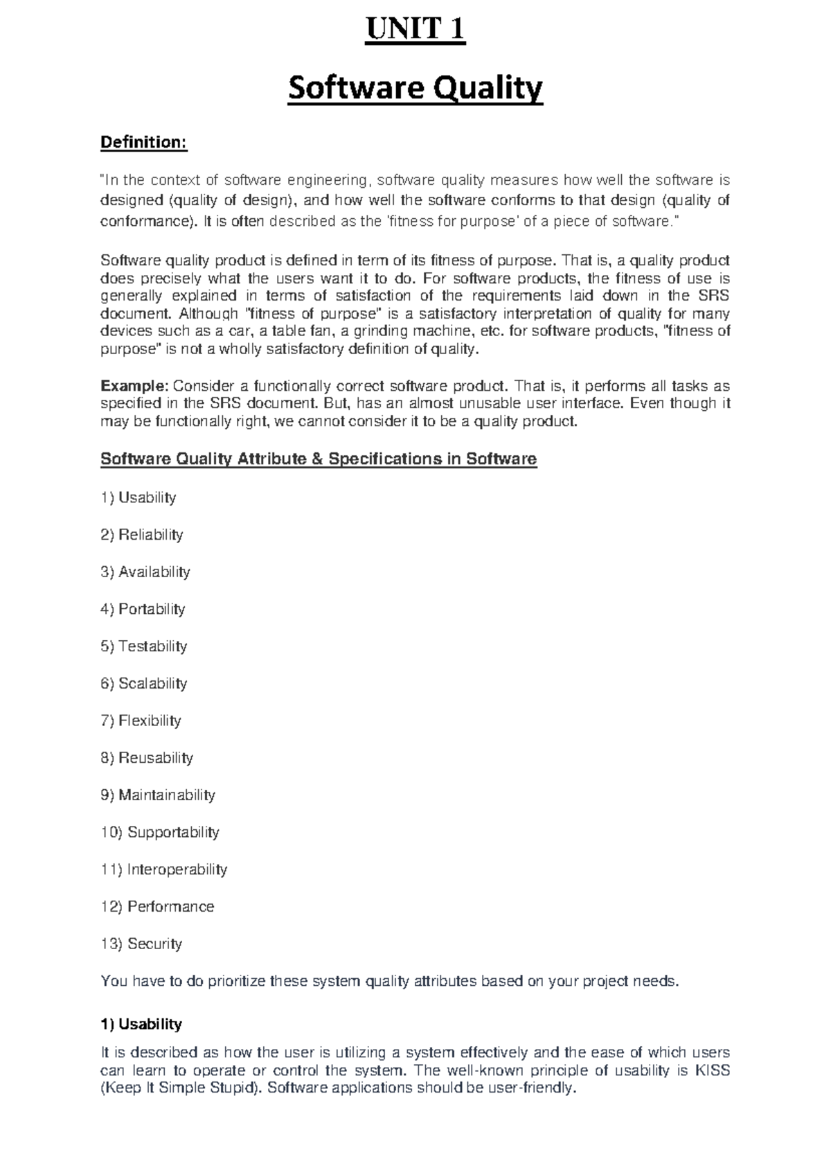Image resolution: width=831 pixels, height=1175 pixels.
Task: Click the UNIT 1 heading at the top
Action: (x=415, y=30)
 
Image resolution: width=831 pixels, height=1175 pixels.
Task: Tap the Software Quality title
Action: (x=415, y=89)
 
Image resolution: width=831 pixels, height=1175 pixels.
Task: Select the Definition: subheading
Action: (x=144, y=143)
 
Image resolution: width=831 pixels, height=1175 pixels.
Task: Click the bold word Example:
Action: (x=134, y=386)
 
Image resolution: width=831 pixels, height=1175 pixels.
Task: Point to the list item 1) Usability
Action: (x=138, y=497)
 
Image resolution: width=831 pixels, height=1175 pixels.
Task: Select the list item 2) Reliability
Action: (x=142, y=535)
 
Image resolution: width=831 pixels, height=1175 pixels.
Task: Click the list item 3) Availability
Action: (x=145, y=572)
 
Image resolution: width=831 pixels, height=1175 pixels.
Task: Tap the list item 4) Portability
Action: (x=143, y=609)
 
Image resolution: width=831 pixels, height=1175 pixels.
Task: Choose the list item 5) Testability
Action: (x=144, y=646)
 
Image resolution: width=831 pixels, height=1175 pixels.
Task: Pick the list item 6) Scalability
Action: (x=144, y=683)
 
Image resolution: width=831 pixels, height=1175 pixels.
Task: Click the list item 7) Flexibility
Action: (x=141, y=721)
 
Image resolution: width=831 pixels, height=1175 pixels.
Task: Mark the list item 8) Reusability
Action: (x=147, y=758)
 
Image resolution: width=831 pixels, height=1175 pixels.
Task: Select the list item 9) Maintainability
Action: (x=158, y=795)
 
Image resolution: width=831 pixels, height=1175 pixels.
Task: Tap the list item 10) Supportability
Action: (x=160, y=832)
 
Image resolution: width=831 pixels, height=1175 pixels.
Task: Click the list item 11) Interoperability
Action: (x=164, y=869)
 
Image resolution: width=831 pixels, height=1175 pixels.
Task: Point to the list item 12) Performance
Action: (x=157, y=906)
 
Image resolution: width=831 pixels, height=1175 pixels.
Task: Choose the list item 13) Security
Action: (x=141, y=944)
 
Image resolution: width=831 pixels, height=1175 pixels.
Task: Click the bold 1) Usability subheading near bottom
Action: (x=141, y=1024)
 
